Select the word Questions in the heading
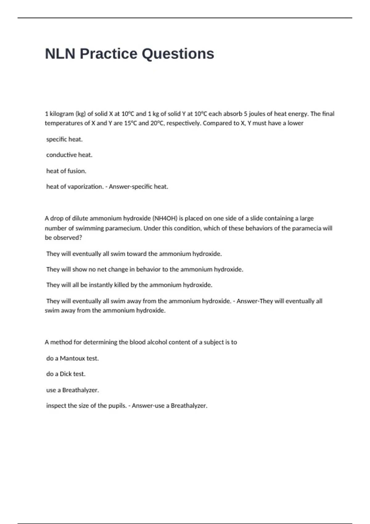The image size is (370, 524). (x=178, y=54)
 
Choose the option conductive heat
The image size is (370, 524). (x=69, y=155)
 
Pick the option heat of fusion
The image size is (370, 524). (x=66, y=171)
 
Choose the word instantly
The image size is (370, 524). (x=101, y=285)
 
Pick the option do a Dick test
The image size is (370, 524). (x=66, y=374)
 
